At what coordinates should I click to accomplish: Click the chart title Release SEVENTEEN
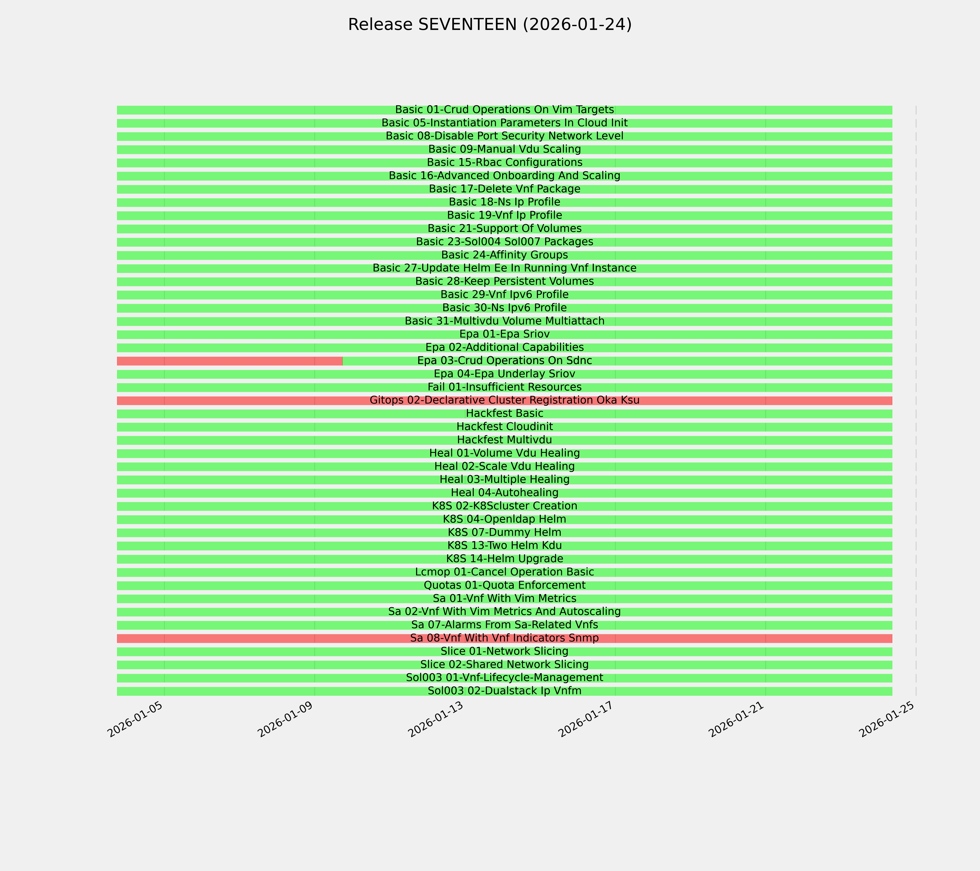489,24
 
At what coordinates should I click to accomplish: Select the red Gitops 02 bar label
504,400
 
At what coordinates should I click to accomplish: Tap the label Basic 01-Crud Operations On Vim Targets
504,110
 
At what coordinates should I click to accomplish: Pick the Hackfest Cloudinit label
504,427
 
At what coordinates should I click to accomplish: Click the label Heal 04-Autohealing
504,493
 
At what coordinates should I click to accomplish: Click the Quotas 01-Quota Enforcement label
504,585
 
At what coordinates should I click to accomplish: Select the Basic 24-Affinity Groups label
504,255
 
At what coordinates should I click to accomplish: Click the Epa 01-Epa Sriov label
504,334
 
